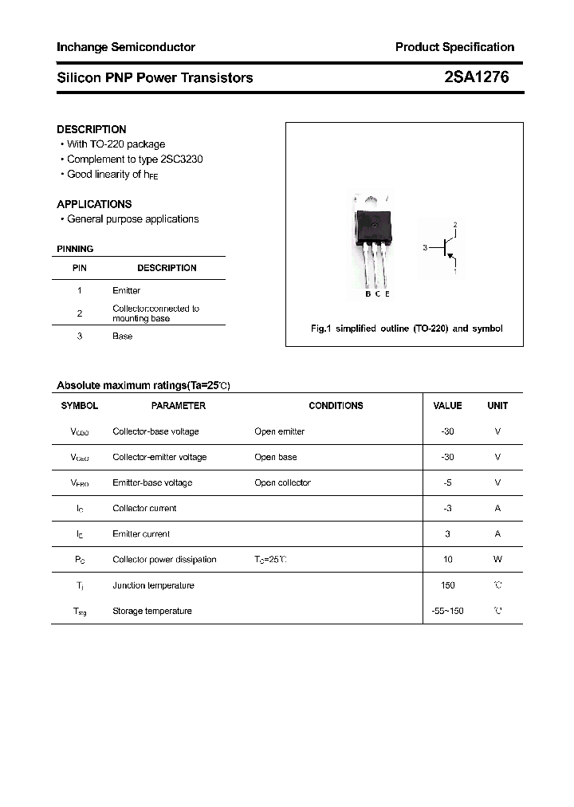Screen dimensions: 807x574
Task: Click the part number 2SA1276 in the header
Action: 476,77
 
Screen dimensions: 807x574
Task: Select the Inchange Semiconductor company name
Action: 125,47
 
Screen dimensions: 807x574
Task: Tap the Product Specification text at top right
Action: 454,47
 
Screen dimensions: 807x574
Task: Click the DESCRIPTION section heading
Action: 91,129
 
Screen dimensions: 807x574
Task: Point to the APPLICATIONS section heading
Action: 94,204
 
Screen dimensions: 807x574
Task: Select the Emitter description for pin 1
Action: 126,291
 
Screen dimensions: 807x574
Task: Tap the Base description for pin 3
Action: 122,337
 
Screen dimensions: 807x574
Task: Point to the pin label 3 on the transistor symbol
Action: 425,248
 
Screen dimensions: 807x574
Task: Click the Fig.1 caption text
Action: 406,329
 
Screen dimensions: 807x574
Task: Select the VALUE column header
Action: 447,406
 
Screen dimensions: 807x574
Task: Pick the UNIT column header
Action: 497,406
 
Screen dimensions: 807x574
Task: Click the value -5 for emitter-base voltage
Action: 447,482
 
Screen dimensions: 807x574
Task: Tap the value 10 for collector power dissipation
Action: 447,560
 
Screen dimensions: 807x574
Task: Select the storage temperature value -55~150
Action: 447,611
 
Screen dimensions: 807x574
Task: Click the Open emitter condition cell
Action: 279,431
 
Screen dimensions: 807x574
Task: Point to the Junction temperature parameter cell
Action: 153,585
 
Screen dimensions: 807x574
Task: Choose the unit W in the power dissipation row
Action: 497,560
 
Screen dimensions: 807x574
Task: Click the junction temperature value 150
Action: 447,585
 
